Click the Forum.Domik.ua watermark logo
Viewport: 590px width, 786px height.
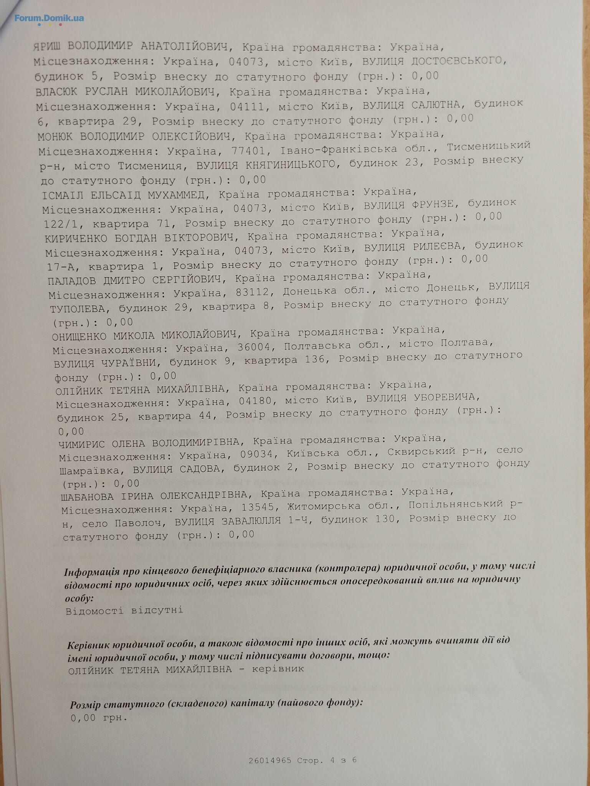pyautogui.click(x=49, y=18)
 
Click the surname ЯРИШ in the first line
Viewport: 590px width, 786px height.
pyautogui.click(x=48, y=46)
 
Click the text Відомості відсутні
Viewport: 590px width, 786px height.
pyautogui.click(x=124, y=610)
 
